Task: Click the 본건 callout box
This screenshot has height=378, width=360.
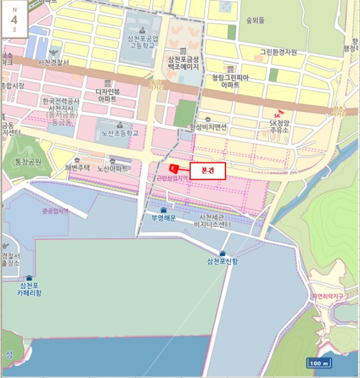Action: pos(208,170)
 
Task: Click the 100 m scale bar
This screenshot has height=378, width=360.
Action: pos(319,363)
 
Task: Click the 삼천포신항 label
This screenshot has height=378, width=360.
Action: pos(222,261)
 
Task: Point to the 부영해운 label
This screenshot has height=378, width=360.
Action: pos(164,218)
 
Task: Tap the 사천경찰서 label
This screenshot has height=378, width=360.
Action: pos(54,63)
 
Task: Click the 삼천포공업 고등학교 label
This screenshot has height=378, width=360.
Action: pos(143,42)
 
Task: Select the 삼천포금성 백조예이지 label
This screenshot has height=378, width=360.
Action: pos(183,63)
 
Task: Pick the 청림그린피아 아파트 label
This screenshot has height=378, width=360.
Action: pos(230,81)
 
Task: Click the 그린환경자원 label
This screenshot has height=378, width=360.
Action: pos(278,52)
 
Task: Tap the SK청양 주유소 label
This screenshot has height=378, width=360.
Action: pos(279,126)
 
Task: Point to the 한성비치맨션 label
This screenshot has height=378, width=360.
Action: pos(208,127)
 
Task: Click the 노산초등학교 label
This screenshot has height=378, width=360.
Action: pos(117,133)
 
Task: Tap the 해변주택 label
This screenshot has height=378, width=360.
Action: pos(77,168)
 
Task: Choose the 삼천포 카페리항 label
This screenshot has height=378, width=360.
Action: pos(29,289)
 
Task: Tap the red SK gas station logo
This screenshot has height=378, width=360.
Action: pos(278,114)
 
